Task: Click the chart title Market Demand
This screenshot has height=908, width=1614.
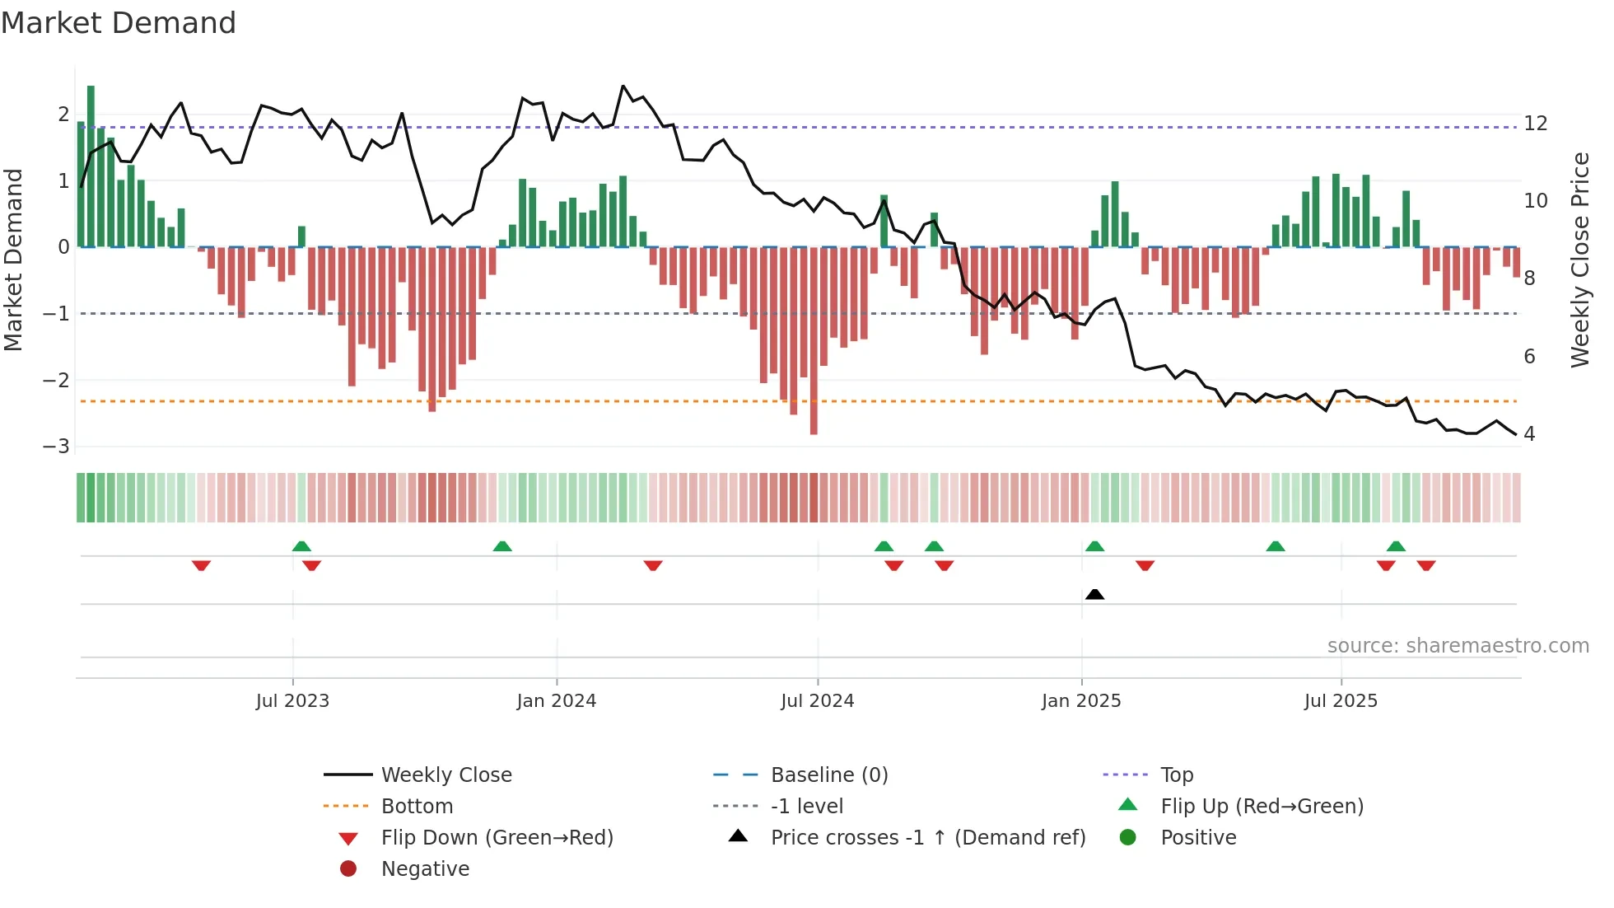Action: [x=119, y=23]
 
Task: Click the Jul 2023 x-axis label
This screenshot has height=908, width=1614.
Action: [x=292, y=701]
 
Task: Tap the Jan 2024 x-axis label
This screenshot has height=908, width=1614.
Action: [x=556, y=701]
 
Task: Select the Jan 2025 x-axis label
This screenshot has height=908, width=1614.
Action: [x=1080, y=701]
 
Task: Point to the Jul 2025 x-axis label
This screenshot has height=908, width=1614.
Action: [x=1340, y=701]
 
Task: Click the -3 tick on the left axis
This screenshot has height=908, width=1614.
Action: [x=57, y=447]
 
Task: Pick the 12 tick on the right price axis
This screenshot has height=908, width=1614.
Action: [x=1535, y=124]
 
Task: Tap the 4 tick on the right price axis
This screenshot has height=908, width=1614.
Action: [x=1529, y=434]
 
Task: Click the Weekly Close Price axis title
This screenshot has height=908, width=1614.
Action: [x=1579, y=260]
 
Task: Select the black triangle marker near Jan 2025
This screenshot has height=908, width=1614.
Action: [x=1094, y=594]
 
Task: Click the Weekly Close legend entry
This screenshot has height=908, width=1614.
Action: [x=445, y=775]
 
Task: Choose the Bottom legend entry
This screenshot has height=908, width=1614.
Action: [x=417, y=807]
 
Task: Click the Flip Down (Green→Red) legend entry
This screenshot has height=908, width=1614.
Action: [x=497, y=838]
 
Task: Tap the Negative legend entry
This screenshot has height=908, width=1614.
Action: [x=425, y=869]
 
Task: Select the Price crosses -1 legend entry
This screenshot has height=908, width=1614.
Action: [x=927, y=838]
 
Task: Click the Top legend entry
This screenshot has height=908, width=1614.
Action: [x=1176, y=775]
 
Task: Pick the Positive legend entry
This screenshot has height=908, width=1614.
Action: [x=1197, y=838]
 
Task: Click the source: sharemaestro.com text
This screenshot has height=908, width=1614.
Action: [x=1458, y=646]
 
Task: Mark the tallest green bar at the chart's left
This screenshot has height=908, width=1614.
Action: [x=91, y=165]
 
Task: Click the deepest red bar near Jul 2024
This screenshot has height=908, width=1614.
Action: [x=814, y=342]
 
